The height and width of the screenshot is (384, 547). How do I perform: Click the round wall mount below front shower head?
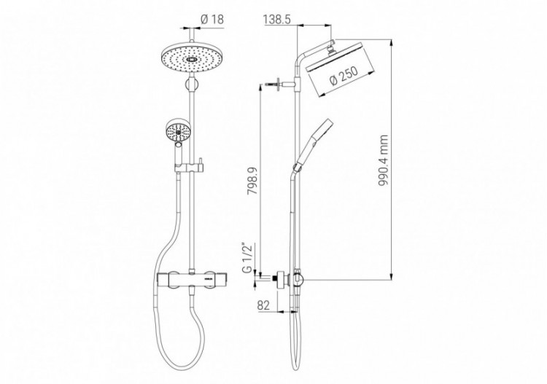coord(191,88)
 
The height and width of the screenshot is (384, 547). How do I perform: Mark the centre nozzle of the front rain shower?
coord(190,59)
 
